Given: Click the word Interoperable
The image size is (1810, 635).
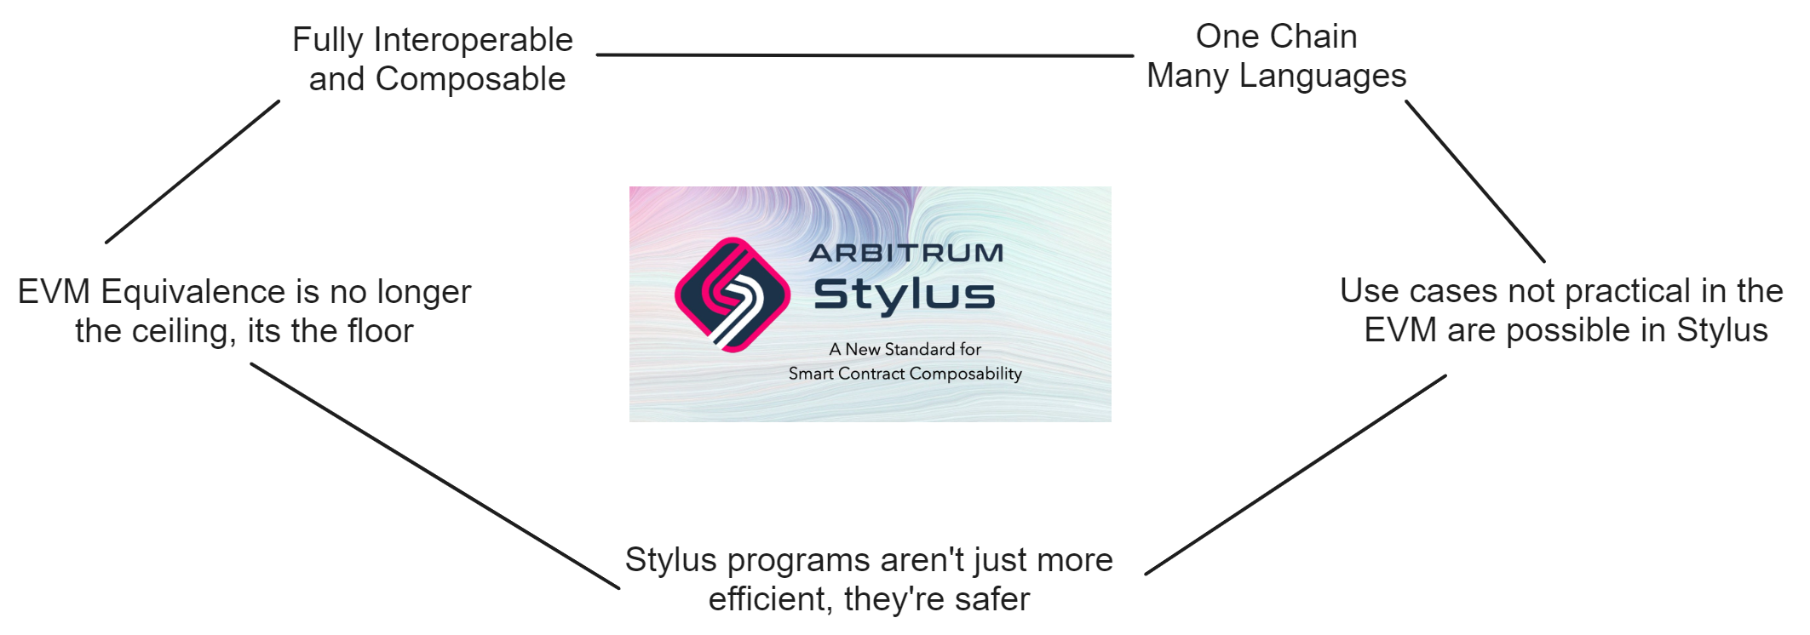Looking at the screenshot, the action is point(473,41).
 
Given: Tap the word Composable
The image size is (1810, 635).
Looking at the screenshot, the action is point(470,79).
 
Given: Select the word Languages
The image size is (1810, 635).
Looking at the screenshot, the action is point(1322,77).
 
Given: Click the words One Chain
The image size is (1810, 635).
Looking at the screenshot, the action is point(1276,37).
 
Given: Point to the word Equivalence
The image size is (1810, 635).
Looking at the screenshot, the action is point(198,292).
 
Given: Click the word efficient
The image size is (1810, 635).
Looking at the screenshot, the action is point(770,599).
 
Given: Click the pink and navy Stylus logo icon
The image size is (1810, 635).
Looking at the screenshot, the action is point(733,295).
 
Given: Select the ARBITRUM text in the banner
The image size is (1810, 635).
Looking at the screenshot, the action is point(906,253).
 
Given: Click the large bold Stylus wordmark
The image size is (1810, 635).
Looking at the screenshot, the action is point(905,295).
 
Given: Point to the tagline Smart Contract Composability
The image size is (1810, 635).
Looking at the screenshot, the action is point(905,374).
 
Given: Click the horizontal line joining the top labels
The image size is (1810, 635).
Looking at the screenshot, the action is point(865,55).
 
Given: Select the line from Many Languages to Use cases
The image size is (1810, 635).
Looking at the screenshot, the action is point(1474,181).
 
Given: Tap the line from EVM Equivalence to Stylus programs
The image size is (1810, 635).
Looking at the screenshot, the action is point(434,476).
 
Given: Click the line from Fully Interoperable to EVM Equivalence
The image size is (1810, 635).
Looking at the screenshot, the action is point(192,172).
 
